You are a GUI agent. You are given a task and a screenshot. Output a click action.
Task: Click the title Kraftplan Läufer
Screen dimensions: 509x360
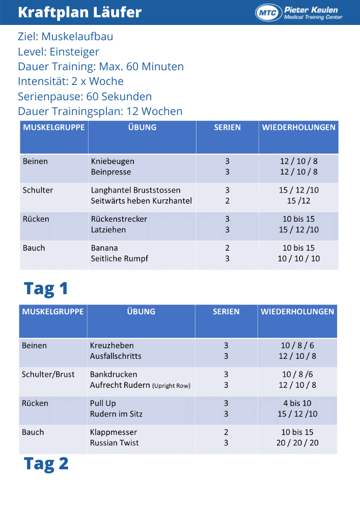[79, 12]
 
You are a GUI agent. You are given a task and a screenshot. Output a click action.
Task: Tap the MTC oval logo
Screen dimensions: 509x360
[268, 13]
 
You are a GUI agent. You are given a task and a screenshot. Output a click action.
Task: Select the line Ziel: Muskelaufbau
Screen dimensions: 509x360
[65, 37]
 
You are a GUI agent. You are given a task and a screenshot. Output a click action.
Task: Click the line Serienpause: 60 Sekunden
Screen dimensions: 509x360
[85, 96]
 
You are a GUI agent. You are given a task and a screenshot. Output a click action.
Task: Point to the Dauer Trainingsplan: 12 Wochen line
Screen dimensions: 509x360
[100, 111]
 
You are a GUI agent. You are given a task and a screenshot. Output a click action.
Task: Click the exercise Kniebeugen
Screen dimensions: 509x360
[113, 161]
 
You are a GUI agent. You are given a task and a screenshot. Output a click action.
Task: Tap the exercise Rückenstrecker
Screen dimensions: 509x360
[119, 219]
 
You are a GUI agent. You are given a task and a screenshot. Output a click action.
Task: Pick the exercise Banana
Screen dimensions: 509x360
[104, 248]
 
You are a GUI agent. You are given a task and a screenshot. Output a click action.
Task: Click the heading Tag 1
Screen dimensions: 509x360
[46, 289]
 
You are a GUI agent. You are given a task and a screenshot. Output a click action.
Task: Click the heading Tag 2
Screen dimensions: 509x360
[46, 464]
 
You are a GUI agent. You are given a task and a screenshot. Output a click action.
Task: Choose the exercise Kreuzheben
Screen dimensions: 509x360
[112, 346]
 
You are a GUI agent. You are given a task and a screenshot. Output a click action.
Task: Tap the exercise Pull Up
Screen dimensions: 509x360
[103, 403]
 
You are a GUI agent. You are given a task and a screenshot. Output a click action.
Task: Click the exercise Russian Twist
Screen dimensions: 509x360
[114, 443]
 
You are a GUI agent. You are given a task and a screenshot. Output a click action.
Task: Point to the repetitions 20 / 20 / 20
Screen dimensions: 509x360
[297, 443]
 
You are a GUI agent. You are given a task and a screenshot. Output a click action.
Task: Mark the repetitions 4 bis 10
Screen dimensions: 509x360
[297, 403]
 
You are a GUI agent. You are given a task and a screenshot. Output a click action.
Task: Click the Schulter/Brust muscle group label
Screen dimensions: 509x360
[48, 375]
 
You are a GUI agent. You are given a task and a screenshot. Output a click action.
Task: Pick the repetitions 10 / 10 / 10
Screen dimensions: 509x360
[298, 259]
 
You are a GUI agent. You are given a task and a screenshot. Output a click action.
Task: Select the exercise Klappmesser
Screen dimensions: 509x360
[113, 432]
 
